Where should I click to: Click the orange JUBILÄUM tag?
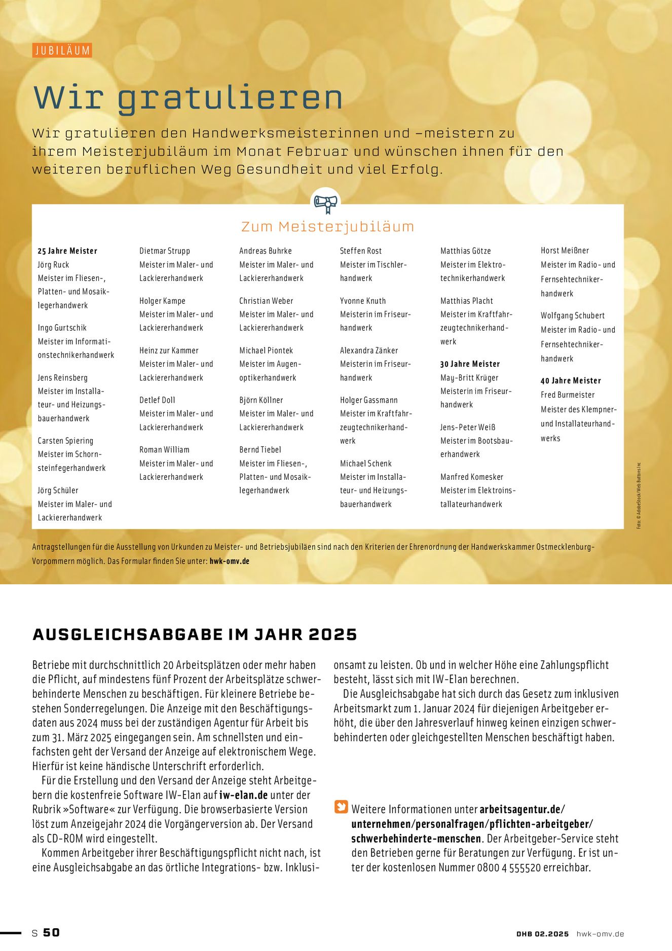pyautogui.click(x=62, y=50)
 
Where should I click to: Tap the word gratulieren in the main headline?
pyautogui.click(x=231, y=97)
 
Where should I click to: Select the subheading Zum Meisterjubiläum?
pyautogui.click(x=327, y=226)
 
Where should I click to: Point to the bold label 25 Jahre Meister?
pyautogui.click(x=67, y=251)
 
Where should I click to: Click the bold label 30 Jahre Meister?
pyautogui.click(x=470, y=364)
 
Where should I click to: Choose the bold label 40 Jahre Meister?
pyautogui.click(x=571, y=381)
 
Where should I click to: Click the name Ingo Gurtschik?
pyautogui.click(x=62, y=328)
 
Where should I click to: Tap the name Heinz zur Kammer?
pyautogui.click(x=169, y=350)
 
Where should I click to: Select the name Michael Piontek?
pyautogui.click(x=266, y=350)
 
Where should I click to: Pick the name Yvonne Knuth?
pyautogui.click(x=363, y=301)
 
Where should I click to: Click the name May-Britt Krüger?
pyautogui.click(x=469, y=378)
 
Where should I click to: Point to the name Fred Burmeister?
pyautogui.click(x=568, y=395)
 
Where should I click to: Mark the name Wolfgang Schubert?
pyautogui.click(x=573, y=315)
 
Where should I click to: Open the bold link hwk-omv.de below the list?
pyautogui.click(x=229, y=561)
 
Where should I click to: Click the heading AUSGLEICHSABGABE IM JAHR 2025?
pyautogui.click(x=195, y=635)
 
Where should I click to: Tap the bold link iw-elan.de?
pyautogui.click(x=243, y=795)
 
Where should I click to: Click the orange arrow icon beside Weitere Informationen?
pyautogui.click(x=341, y=807)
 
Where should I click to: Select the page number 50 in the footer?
pyautogui.click(x=51, y=932)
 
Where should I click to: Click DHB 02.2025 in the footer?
pyautogui.click(x=543, y=934)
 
